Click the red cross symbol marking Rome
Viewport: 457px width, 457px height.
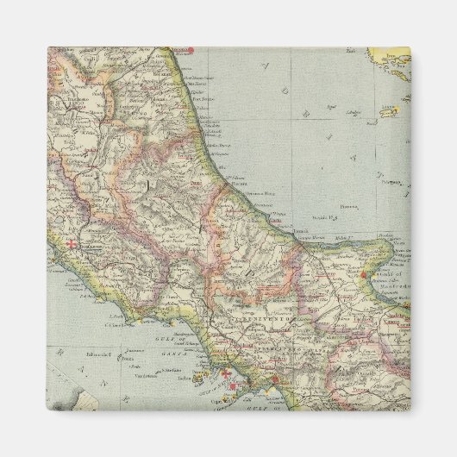pos(72,245)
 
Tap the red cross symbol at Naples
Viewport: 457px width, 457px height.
pos(227,374)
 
